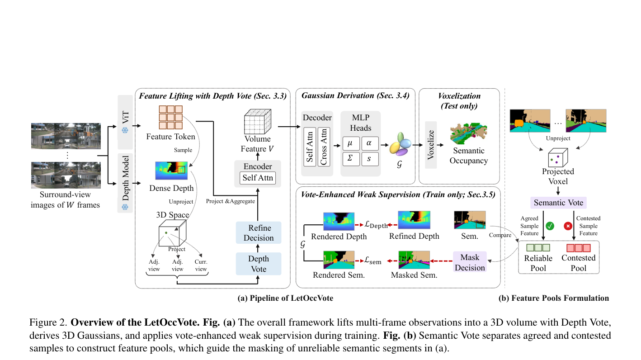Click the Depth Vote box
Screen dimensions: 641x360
(259, 264)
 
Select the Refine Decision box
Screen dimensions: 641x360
(259, 232)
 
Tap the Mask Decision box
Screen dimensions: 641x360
(470, 262)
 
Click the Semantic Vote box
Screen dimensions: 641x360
(558, 203)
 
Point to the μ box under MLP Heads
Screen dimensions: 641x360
(351, 143)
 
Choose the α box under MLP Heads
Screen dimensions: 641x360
(370, 143)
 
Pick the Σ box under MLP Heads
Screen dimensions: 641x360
(351, 159)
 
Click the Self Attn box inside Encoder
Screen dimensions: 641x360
(258, 178)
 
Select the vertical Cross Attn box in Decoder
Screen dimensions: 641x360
(324, 147)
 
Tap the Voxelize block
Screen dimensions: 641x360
(431, 145)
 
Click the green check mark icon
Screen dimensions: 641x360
(550, 226)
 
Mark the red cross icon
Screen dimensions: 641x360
(568, 226)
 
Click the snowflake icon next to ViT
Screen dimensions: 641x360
(125, 130)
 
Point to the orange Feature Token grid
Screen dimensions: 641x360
(170, 118)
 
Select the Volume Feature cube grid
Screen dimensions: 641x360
(258, 121)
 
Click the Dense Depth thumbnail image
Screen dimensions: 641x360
(171, 171)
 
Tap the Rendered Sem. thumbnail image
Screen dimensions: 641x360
(339, 260)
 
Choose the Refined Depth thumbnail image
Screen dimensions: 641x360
(414, 220)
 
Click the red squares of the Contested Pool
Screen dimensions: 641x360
(578, 248)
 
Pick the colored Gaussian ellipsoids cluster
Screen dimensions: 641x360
(401, 144)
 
